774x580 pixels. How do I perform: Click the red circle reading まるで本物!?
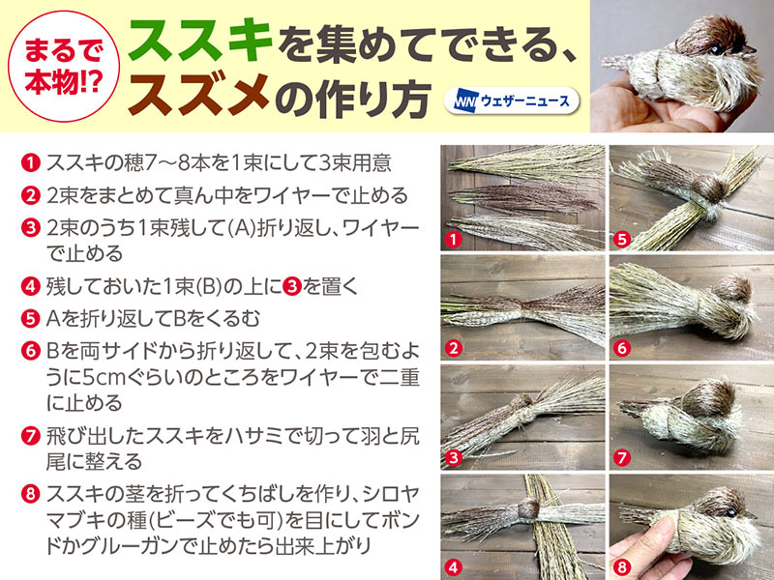64,66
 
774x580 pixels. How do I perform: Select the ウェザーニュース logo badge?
512,101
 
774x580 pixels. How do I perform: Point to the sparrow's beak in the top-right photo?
749,49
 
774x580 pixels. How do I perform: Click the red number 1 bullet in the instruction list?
30,162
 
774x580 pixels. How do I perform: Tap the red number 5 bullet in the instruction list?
30,319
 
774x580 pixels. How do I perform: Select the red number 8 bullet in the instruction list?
30,494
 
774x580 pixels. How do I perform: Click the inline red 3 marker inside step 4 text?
292,286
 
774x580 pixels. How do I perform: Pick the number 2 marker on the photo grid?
453,348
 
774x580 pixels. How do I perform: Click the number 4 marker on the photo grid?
453,567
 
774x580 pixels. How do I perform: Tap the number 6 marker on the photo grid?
621,348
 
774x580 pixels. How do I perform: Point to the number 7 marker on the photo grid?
621,457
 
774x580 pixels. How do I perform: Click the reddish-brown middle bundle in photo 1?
523,199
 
